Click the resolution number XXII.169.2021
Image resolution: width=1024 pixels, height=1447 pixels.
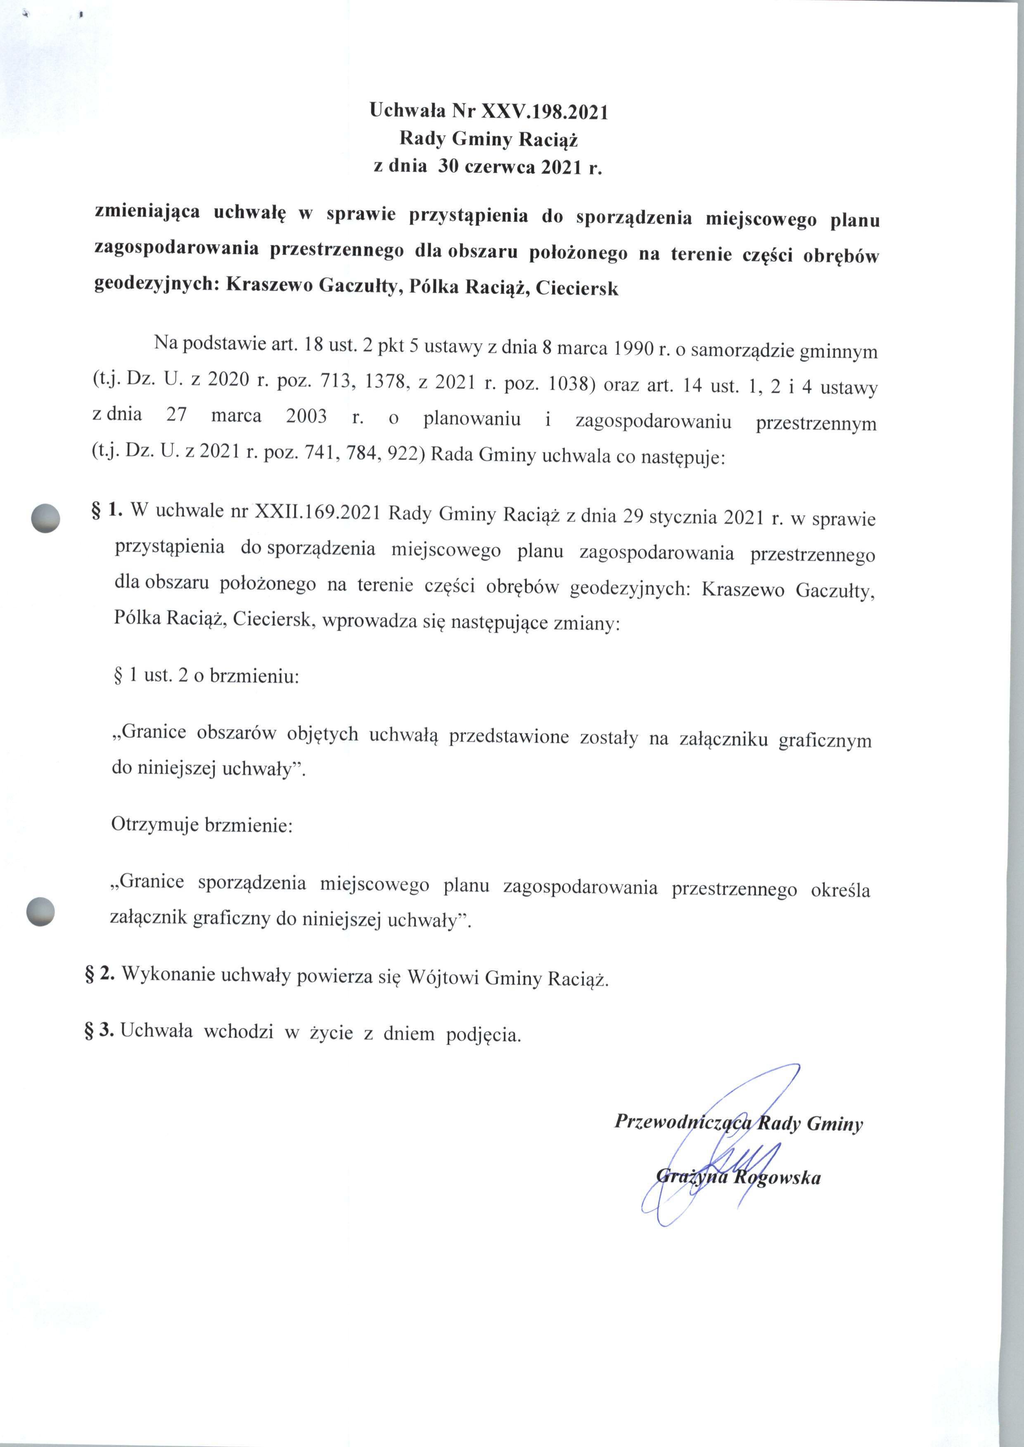[x=315, y=513]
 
